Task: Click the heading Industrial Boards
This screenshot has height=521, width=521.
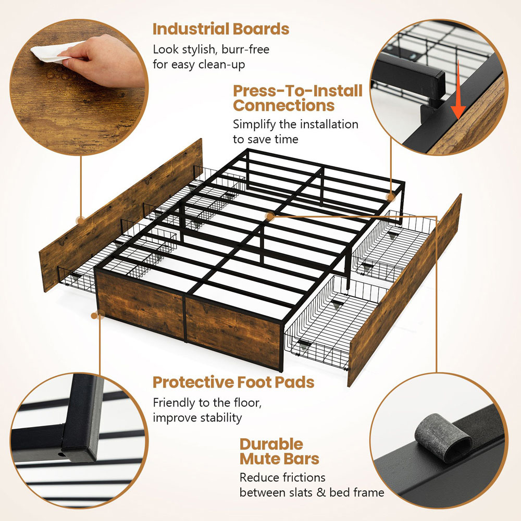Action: (221, 29)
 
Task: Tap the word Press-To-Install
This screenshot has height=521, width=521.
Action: (297, 91)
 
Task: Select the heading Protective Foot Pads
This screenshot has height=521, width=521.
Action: (233, 382)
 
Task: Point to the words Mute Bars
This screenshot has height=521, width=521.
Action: (279, 459)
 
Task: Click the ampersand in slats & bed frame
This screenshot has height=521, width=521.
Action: (321, 492)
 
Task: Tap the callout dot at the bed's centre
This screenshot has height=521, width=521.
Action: (270, 217)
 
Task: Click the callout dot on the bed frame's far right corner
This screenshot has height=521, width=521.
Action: (391, 197)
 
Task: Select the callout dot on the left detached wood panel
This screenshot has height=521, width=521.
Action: (80, 220)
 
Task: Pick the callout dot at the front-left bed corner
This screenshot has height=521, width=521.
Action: (95, 315)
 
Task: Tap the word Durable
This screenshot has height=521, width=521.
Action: (271, 444)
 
